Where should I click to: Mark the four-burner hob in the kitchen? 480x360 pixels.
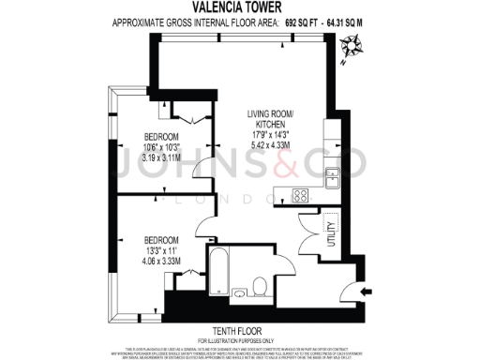[x=301, y=195]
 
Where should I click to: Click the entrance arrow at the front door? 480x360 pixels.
[x=366, y=291]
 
